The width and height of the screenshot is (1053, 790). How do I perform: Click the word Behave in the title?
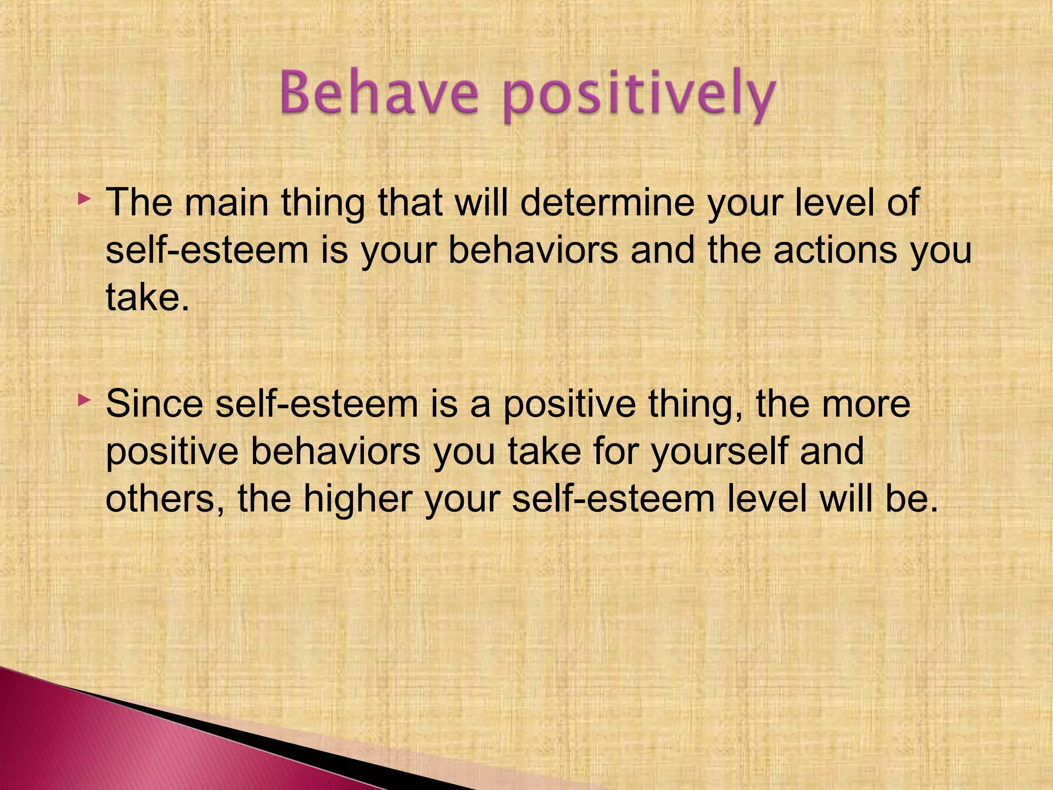tap(379, 95)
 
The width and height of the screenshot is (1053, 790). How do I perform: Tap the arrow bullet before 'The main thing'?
tap(84, 198)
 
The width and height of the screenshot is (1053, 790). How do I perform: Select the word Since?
tap(154, 404)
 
